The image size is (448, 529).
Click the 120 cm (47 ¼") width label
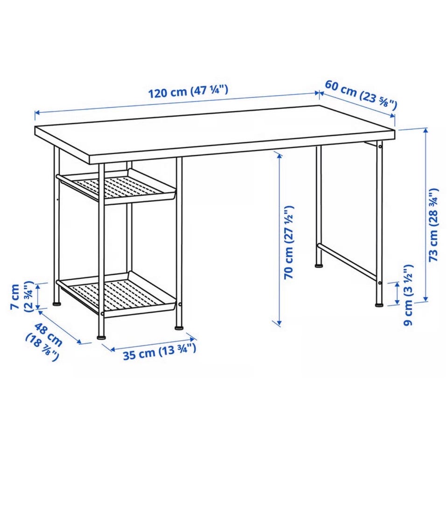click(x=189, y=91)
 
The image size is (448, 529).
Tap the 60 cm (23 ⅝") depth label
click(x=361, y=95)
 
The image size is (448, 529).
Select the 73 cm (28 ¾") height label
click(x=433, y=225)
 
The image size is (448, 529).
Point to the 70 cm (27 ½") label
click(x=289, y=242)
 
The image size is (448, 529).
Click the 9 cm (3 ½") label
click(x=408, y=295)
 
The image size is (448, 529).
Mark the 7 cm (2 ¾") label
click(x=21, y=296)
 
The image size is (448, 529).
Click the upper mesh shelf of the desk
click(x=117, y=187)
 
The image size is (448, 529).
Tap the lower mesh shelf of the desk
click(x=117, y=293)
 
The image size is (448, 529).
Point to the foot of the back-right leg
click(x=318, y=266)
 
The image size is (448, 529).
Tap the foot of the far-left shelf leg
click(x=57, y=304)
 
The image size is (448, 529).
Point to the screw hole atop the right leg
click(x=380, y=146)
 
